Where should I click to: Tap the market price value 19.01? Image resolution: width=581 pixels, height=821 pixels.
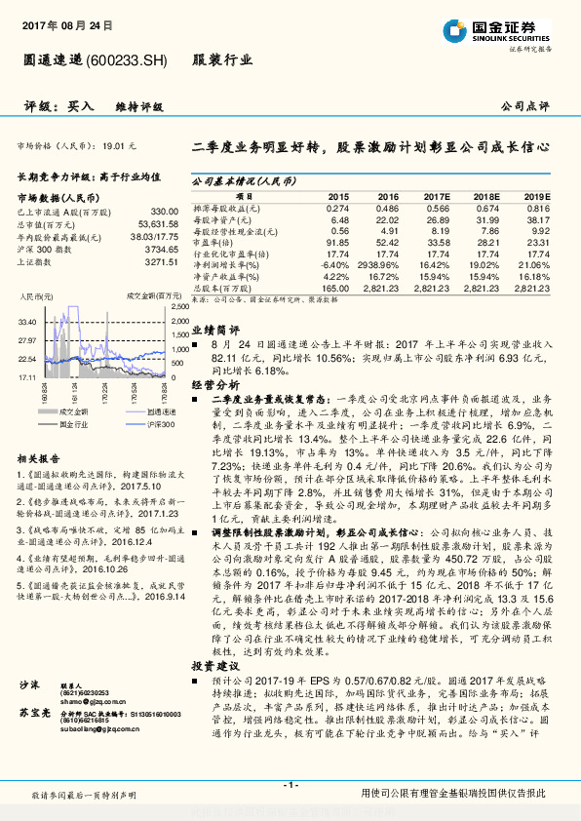pyautogui.click(x=115, y=145)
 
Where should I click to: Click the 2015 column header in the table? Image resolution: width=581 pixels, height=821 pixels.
pyautogui.click(x=337, y=196)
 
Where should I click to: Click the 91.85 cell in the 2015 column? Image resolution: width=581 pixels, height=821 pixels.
pyautogui.click(x=336, y=241)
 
